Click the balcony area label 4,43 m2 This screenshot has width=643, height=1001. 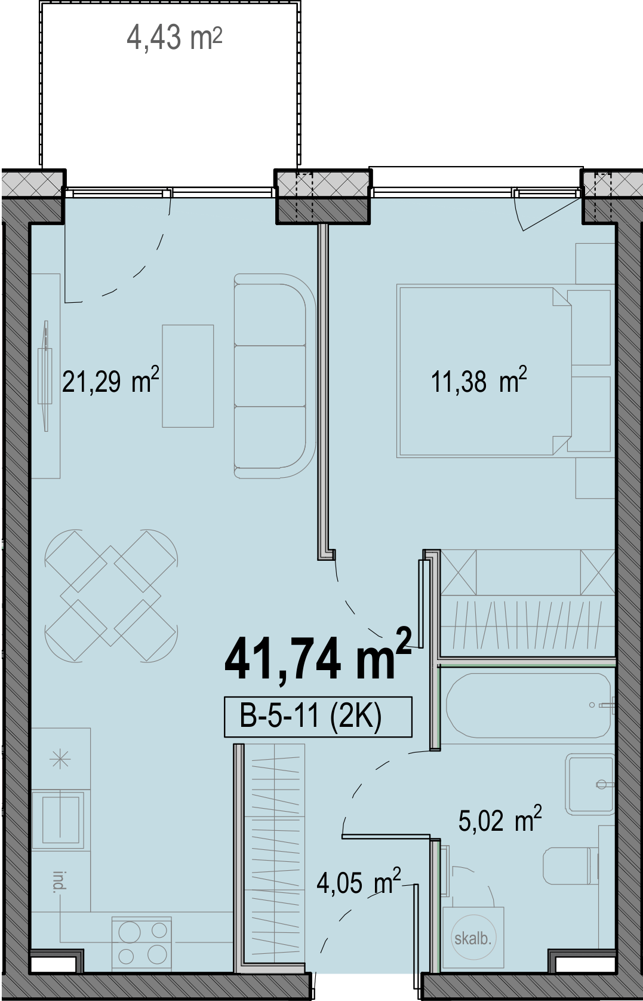(x=174, y=38)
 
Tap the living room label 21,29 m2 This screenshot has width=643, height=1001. (x=110, y=380)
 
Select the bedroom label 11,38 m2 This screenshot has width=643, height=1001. (x=479, y=380)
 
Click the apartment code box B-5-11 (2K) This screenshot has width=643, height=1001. (x=318, y=717)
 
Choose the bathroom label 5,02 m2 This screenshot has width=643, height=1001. (x=500, y=819)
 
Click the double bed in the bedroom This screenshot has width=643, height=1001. (x=484, y=371)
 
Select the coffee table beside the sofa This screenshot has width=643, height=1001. (x=187, y=376)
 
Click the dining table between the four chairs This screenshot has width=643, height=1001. (x=111, y=595)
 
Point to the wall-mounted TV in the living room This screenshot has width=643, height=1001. (x=45, y=376)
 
